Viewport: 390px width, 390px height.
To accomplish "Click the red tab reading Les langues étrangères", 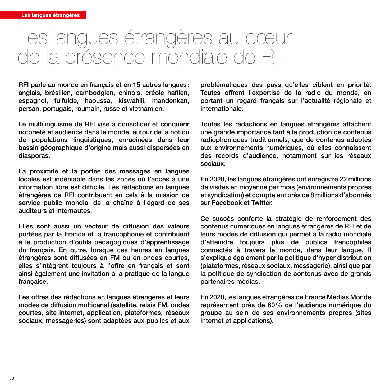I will pos(50,15).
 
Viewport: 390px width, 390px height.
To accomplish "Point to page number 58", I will pos(12,378).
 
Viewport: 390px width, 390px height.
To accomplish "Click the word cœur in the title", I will pos(268,38).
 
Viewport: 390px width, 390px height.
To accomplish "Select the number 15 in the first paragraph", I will pos(136,85).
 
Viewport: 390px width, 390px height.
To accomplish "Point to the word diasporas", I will pos(34,156).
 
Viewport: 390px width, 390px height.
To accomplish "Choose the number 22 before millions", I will pos(343,179).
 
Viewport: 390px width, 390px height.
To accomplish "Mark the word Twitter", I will pos(262,203).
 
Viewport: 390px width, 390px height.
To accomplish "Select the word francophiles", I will pos(352,242).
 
